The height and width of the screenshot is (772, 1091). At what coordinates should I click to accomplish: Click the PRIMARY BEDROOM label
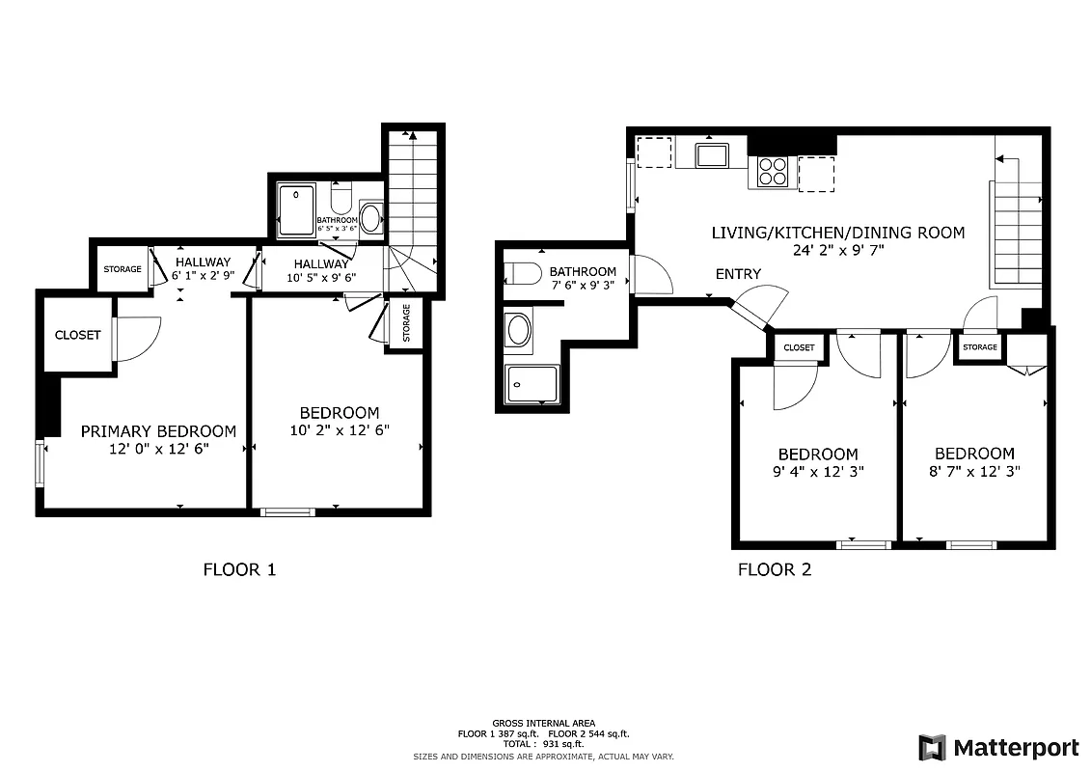click(x=158, y=431)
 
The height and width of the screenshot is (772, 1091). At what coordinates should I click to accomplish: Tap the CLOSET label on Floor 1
click(x=77, y=335)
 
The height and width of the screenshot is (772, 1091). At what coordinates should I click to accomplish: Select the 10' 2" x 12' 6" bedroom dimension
click(x=341, y=430)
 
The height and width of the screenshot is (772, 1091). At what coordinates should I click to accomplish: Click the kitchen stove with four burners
click(x=772, y=172)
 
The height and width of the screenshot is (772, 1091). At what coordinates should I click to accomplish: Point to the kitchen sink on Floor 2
click(x=713, y=154)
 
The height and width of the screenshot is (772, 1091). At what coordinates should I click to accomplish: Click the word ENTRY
click(x=738, y=274)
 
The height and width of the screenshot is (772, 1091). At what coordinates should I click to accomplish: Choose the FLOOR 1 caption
click(x=239, y=569)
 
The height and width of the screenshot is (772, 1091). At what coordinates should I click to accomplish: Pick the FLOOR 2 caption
click(x=775, y=569)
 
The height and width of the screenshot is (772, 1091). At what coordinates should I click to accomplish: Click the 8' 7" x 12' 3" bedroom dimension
click(x=974, y=472)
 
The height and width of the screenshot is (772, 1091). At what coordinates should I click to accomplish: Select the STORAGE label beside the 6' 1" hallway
click(x=123, y=269)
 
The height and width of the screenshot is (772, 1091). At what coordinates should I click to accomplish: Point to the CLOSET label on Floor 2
click(x=799, y=347)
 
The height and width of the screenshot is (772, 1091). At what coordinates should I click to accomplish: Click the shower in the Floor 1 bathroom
click(x=296, y=210)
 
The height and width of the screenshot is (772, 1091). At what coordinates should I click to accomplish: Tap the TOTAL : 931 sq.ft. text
click(x=545, y=744)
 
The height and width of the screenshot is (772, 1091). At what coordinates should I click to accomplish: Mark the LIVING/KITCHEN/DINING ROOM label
click(x=837, y=233)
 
